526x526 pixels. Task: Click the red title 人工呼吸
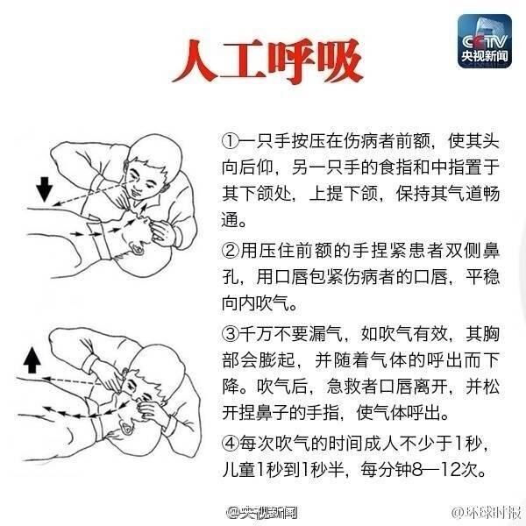click(267, 61)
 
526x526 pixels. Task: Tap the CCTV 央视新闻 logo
click(485, 41)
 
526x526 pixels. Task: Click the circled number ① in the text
click(230, 142)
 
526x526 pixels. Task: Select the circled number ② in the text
click(230, 251)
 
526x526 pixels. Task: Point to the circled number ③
click(230, 334)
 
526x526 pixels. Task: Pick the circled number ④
click(230, 444)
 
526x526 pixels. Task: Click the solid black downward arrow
click(45, 189)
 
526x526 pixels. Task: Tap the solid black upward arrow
click(32, 360)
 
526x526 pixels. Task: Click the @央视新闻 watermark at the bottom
click(261, 512)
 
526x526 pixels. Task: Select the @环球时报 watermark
click(487, 512)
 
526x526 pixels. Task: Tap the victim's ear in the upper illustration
click(137, 249)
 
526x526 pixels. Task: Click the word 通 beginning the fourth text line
click(230, 220)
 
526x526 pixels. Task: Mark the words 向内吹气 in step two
click(255, 303)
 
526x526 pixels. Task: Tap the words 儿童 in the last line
click(238, 470)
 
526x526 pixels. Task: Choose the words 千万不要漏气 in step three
click(291, 334)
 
